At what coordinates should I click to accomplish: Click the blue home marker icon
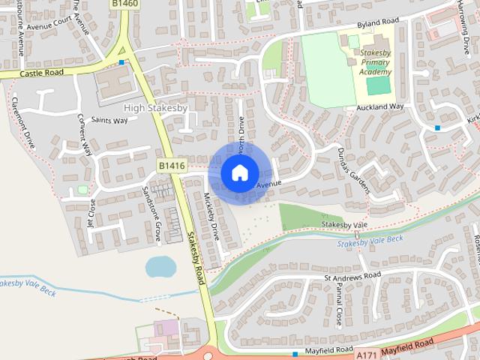point(239,172)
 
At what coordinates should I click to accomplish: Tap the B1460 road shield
point(124,4)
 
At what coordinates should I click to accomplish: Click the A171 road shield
point(367,354)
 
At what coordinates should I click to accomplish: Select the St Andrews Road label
point(352,276)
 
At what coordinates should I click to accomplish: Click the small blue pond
point(159,265)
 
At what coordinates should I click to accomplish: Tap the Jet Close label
point(92,213)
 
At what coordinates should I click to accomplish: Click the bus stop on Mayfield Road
point(295,353)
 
